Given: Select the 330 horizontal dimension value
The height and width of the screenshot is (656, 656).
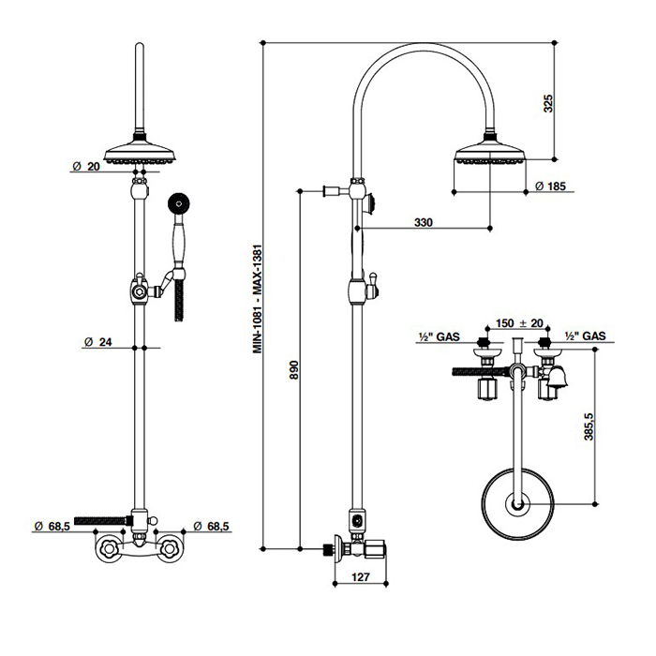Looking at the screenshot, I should pos(424,221).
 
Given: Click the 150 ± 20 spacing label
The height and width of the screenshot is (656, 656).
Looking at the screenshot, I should pos(519,323).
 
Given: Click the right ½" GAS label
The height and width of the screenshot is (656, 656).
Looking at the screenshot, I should pos(586,335).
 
